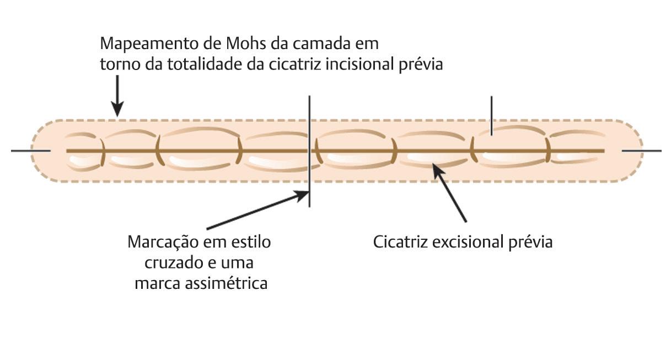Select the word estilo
point(251,242)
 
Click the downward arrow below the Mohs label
point(117,99)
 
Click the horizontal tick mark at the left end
point(30,151)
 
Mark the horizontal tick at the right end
point(641,151)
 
